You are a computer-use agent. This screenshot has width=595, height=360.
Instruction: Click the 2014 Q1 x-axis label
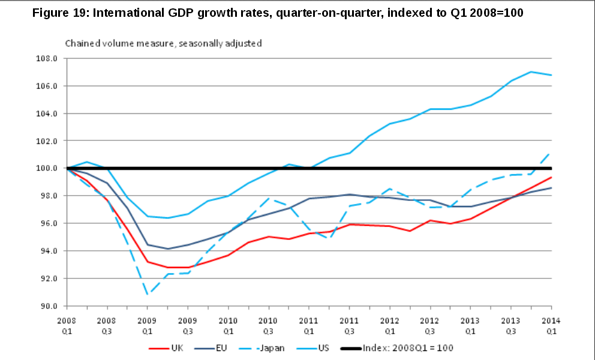551,325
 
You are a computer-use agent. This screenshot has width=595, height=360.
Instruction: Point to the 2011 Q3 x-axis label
349,325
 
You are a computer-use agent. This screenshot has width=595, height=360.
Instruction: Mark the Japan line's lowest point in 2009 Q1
148,295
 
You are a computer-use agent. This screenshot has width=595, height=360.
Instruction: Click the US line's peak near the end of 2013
531,71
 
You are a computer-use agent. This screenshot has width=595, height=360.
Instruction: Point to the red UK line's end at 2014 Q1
551,177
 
